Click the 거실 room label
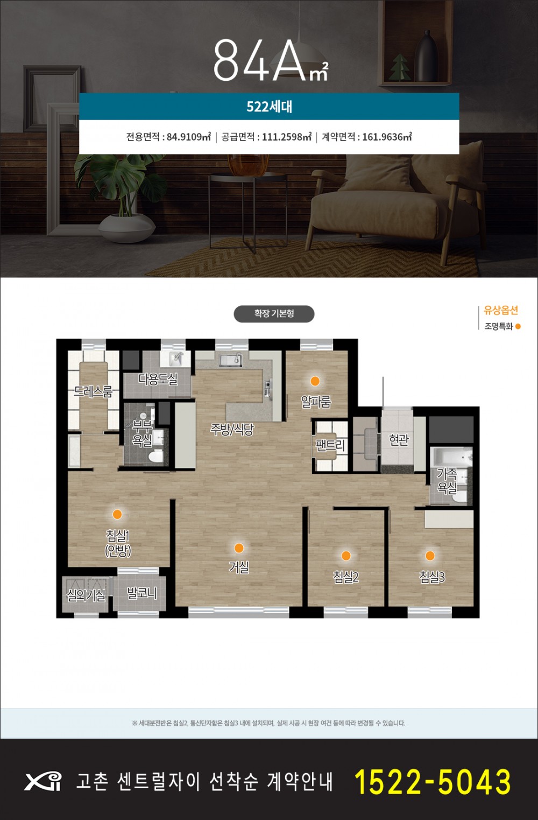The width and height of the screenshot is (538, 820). (x=239, y=567)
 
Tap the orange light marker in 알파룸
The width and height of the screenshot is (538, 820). (x=315, y=381)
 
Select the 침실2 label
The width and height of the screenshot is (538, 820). (x=345, y=577)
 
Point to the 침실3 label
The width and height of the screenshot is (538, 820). (x=431, y=577)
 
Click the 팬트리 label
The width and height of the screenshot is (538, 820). (x=330, y=445)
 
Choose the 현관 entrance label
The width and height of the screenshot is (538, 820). (x=399, y=440)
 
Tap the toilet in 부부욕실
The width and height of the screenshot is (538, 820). (x=157, y=455)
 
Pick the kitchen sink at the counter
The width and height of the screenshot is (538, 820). (x=231, y=360)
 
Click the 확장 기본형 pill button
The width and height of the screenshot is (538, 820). (x=274, y=314)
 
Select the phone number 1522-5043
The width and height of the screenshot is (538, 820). (x=433, y=782)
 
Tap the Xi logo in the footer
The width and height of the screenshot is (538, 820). (x=43, y=782)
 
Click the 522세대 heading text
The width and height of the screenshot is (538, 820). (x=269, y=107)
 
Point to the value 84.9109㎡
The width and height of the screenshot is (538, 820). (x=189, y=137)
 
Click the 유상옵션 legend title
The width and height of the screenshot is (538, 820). (x=501, y=311)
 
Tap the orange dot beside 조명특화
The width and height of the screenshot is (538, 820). (x=518, y=326)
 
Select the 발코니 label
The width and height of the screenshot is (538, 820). (x=141, y=593)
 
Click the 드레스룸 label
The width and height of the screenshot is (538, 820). (x=93, y=392)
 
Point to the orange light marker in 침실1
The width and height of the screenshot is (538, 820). (x=117, y=514)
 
